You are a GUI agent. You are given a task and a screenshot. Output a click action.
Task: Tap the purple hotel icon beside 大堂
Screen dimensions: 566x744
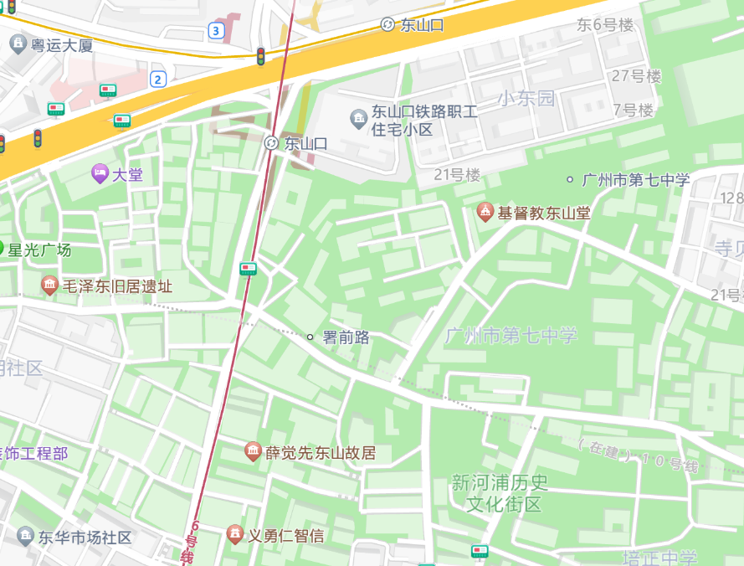coord(100,174)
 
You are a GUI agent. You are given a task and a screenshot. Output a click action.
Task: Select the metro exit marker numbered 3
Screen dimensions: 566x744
coord(217,31)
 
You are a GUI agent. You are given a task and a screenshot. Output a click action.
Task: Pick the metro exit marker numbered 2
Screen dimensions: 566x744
coord(158,80)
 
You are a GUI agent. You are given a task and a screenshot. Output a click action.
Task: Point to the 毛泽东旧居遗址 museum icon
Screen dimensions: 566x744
coord(50,286)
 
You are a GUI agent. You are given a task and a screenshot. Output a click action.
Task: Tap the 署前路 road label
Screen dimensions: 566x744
coord(346,337)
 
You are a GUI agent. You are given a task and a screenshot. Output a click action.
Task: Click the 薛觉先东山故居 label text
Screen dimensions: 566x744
coord(321,453)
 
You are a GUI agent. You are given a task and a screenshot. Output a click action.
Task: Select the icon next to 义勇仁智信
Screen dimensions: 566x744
coord(236,534)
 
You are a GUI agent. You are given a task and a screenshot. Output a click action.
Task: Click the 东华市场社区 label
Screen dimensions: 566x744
coord(85,538)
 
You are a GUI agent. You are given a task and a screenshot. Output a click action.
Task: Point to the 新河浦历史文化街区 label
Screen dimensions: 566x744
coord(500,493)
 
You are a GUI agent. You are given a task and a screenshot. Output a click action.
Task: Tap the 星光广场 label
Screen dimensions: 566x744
coord(39,250)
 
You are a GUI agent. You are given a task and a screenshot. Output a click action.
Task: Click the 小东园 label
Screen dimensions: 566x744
coord(526,98)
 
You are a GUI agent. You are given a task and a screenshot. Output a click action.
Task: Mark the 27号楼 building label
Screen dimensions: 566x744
coord(636,76)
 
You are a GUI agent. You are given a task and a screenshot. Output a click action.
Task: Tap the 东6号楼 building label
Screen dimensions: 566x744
coord(604,25)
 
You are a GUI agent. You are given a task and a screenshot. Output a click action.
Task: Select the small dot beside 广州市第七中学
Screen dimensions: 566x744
coord(570,179)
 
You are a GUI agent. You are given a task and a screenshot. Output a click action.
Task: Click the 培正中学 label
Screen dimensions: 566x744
coord(659,558)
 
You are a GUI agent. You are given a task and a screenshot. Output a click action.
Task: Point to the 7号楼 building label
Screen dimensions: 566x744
coord(633,110)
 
